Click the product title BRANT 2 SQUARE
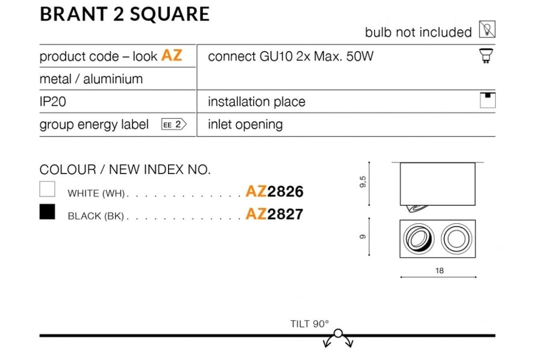125,14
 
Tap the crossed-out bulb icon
487,29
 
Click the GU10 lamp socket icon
486,56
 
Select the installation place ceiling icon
488,100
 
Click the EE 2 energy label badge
174,125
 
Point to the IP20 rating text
53,102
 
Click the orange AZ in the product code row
172,55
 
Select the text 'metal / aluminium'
92,79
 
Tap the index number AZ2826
275,191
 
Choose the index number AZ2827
275,214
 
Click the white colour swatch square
48,189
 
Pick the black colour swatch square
48,212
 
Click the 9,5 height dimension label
363,182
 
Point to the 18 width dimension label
440,270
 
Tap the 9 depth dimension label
363,237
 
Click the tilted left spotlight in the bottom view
419,238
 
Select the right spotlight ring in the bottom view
456,238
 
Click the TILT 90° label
310,324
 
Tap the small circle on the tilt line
338,334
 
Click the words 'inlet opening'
246,125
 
